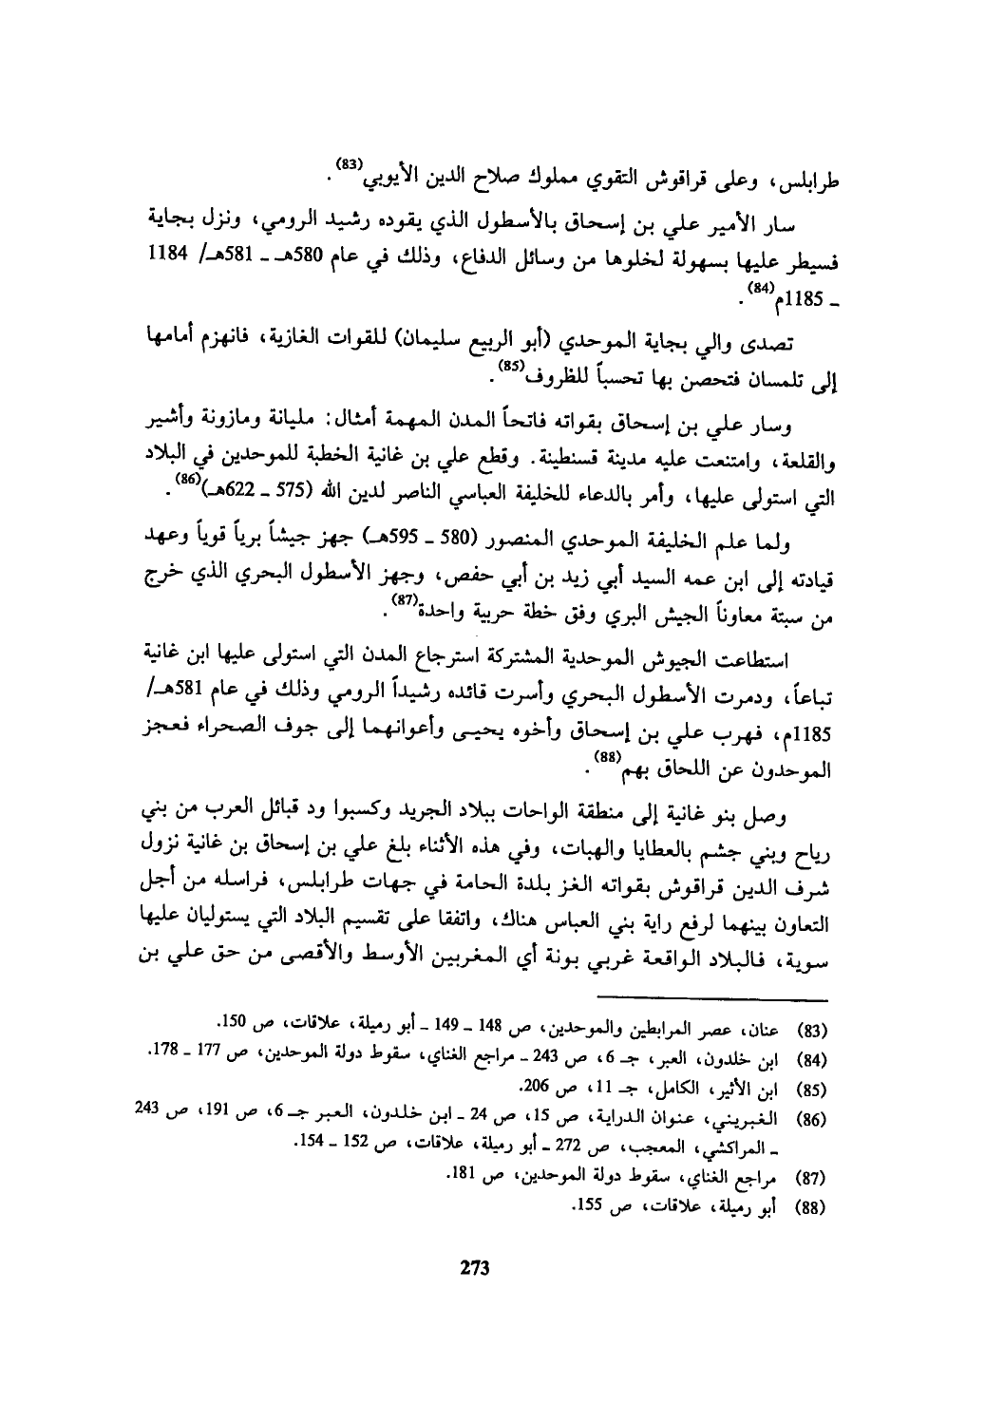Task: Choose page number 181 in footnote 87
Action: [x=464, y=1160]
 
